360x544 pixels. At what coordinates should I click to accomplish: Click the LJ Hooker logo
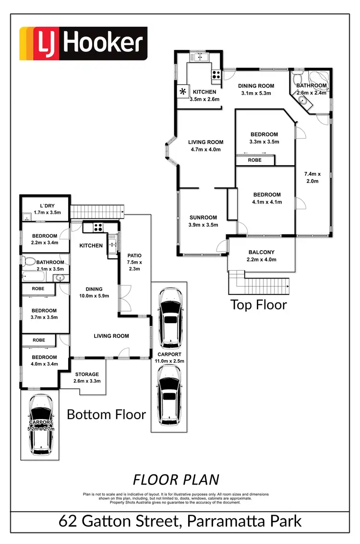83,44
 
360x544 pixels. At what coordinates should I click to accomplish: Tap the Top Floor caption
259,304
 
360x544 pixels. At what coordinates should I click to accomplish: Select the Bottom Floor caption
106,414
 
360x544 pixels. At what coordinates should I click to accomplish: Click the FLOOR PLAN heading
176,479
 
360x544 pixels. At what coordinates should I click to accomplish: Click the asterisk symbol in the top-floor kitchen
182,91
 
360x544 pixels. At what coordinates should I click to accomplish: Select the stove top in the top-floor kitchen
216,74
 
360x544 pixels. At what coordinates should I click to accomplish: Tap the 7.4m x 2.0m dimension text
312,177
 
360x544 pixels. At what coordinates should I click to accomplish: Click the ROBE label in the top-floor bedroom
255,160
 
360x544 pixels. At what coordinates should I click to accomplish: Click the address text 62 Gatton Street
124,521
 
